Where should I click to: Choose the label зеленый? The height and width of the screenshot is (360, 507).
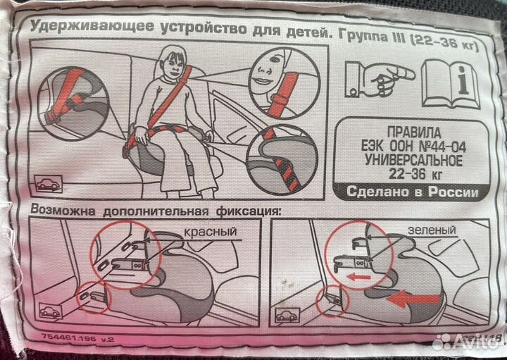click(431, 230)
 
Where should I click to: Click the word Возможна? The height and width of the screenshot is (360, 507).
click(62, 211)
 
